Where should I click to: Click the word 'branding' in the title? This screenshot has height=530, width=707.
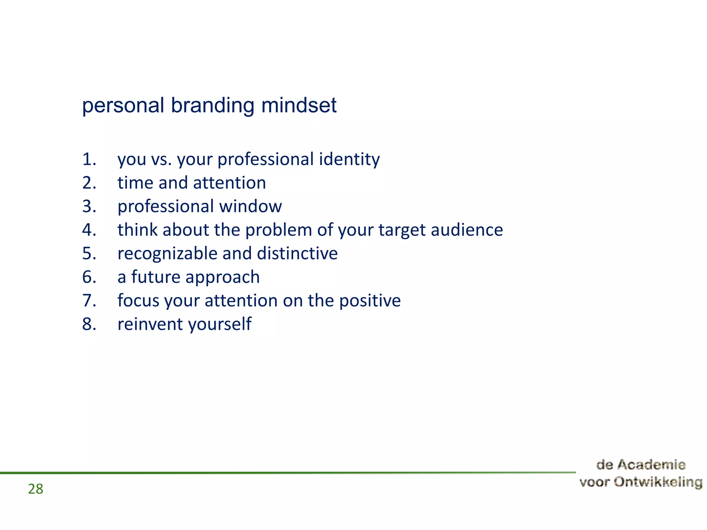212,105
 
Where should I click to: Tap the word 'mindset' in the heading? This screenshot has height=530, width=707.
299,105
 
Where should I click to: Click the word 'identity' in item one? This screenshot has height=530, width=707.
349,159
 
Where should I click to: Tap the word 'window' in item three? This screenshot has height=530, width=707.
250,206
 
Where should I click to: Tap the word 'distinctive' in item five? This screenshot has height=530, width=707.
297,254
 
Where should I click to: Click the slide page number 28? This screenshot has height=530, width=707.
36,489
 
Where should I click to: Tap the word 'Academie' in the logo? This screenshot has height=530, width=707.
651,465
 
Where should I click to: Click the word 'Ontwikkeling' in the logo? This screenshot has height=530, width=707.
658,482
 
